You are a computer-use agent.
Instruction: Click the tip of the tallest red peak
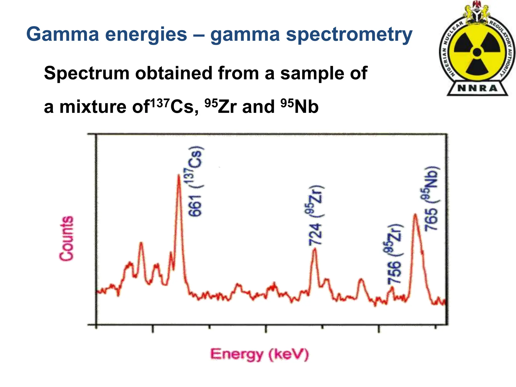pyautogui.click(x=178, y=175)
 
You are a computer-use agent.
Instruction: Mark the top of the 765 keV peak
pyautogui.click(x=415, y=214)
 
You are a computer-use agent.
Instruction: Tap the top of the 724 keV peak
pyautogui.click(x=314, y=249)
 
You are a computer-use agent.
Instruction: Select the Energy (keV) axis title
pyautogui.click(x=259, y=354)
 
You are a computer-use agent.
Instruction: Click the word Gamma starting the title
pyautogui.click(x=63, y=34)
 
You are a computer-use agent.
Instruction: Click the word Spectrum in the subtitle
pyautogui.click(x=87, y=73)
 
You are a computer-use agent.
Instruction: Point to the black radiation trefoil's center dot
pyautogui.click(x=477, y=52)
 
